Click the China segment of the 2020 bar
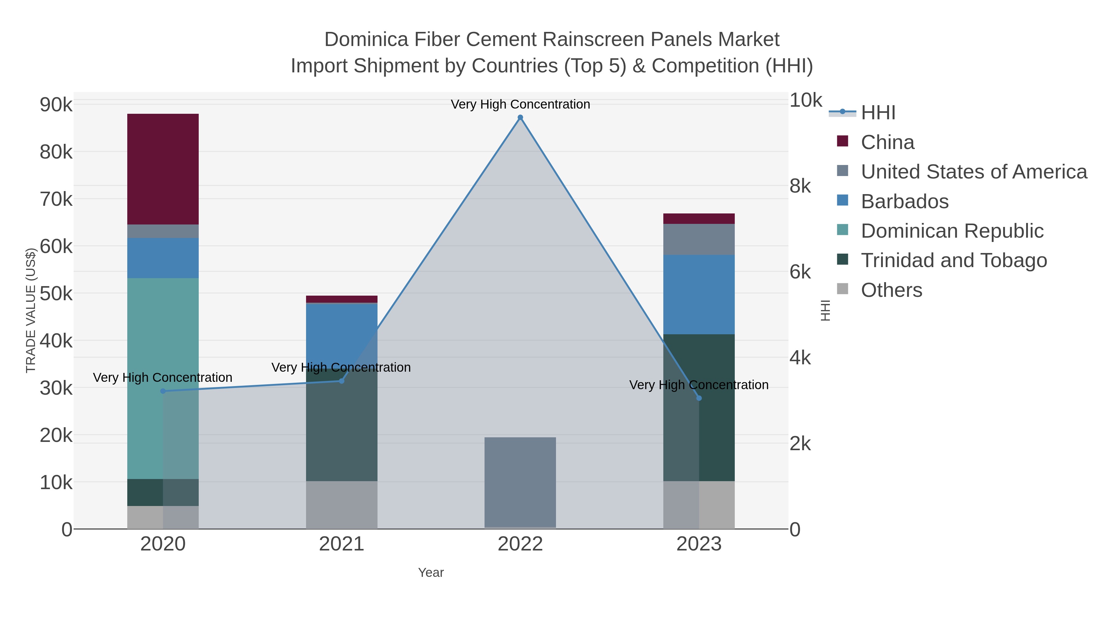click(163, 169)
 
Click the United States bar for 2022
click(520, 482)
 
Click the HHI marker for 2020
click(163, 391)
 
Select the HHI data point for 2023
click(699, 398)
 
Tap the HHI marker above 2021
click(342, 381)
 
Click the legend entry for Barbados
click(904, 201)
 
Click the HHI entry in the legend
click(878, 113)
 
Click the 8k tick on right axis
click(800, 186)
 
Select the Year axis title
click(431, 573)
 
